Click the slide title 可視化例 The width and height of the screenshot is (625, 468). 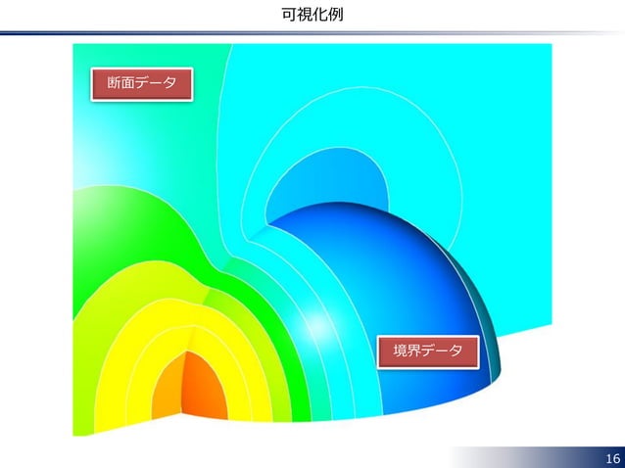pyautogui.click(x=312, y=14)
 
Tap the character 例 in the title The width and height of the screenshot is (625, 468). pyautogui.click(x=335, y=14)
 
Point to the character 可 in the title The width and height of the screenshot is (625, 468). pyautogui.click(x=288, y=14)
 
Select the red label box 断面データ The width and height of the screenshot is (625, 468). pyautogui.click(x=141, y=83)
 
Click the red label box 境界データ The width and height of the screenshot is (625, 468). pyautogui.click(x=428, y=351)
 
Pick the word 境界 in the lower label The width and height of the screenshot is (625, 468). pyautogui.click(x=407, y=351)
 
